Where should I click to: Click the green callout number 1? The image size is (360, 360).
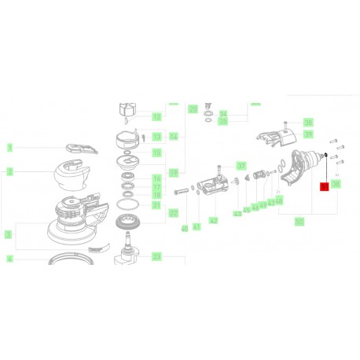point(9,147)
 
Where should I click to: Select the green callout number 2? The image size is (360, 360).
point(9,171)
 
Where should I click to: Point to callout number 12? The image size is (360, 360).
point(156,117)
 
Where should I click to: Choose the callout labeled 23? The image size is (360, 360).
point(156,256)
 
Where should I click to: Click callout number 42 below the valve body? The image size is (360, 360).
point(213,221)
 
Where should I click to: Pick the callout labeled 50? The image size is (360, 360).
point(299,222)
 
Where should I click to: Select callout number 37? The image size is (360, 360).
point(242,166)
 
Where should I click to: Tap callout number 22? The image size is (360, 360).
point(173,213)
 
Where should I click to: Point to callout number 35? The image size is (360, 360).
point(222,122)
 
